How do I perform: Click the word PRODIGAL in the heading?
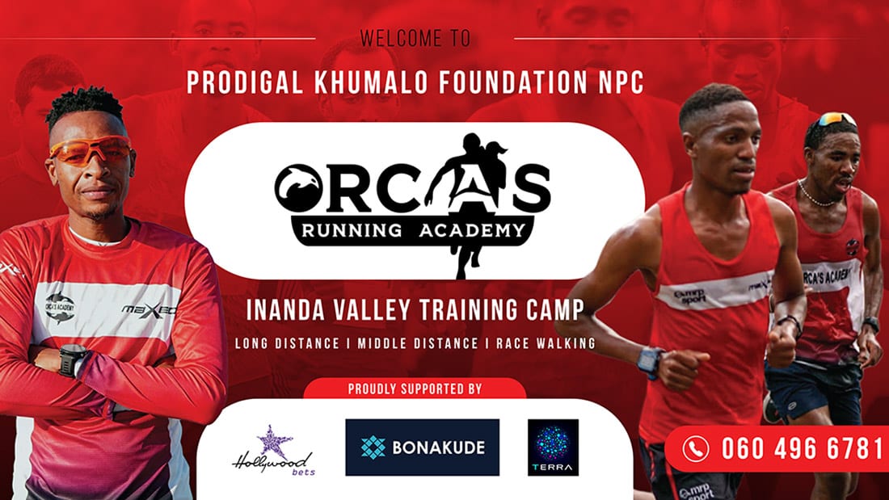click(x=245, y=82)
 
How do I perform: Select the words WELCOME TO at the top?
click(x=415, y=39)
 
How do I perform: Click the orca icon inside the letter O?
click(x=298, y=188)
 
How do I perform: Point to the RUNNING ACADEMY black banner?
click(x=413, y=230)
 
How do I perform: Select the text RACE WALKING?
click(x=546, y=343)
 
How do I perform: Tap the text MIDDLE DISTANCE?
click(x=418, y=343)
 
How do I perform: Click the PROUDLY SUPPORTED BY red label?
click(x=415, y=389)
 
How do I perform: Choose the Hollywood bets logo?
click(x=272, y=451)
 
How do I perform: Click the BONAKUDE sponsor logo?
click(x=423, y=447)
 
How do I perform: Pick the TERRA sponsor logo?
click(x=553, y=447)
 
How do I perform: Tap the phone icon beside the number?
click(x=696, y=448)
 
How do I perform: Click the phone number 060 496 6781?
click(x=803, y=448)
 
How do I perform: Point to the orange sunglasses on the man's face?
click(x=91, y=149)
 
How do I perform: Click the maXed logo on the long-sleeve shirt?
click(x=150, y=309)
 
